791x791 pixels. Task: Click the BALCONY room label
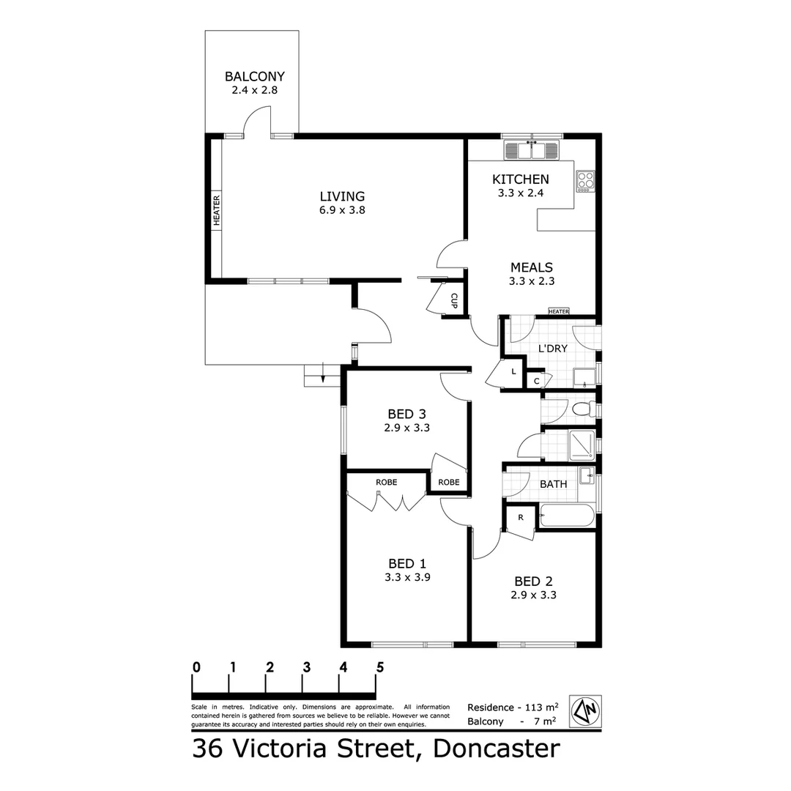(254, 76)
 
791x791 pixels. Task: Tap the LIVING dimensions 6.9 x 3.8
(342, 209)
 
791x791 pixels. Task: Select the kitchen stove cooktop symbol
(585, 181)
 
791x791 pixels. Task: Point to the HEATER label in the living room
(217, 209)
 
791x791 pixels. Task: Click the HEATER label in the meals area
(558, 311)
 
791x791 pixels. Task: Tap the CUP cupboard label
(454, 300)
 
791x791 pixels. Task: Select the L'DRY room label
(552, 349)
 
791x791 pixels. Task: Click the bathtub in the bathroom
(567, 516)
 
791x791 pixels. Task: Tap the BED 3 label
(406, 414)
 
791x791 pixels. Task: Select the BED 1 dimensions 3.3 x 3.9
(406, 577)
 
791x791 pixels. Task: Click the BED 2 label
(533, 581)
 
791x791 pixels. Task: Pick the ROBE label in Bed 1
(386, 482)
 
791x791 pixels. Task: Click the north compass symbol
(585, 710)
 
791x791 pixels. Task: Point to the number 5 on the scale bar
(379, 667)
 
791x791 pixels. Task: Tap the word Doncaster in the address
(497, 749)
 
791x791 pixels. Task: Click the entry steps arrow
(323, 376)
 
